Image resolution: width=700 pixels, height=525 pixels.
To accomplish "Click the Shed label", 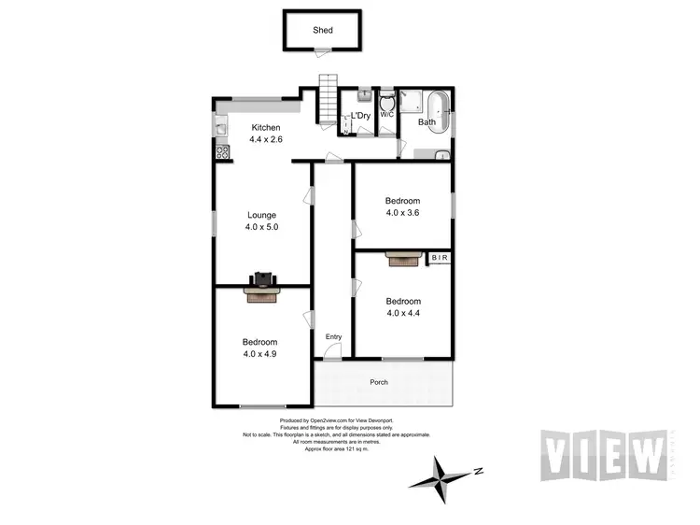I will (323, 30).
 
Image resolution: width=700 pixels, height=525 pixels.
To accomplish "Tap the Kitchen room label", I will (265, 127).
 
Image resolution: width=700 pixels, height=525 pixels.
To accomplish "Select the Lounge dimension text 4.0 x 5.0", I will (263, 227).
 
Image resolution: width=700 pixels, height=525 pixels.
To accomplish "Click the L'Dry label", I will (359, 116).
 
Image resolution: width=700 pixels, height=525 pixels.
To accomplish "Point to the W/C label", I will (386, 115).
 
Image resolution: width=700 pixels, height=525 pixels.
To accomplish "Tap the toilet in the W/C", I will (386, 100).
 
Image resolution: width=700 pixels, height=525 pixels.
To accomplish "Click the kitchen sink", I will (221, 125).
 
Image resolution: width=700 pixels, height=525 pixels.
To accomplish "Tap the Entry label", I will (333, 337).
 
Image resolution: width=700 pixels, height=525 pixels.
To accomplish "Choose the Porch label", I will (379, 382).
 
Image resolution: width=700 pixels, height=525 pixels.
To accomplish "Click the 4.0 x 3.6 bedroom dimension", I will (403, 213).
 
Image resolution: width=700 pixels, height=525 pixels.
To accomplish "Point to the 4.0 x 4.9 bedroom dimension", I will (261, 354).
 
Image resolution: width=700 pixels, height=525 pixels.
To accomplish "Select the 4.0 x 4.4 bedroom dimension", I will (403, 314).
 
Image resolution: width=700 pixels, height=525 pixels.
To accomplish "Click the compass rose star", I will (443, 475).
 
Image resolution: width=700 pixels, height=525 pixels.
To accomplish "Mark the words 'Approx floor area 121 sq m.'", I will (332, 449).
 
